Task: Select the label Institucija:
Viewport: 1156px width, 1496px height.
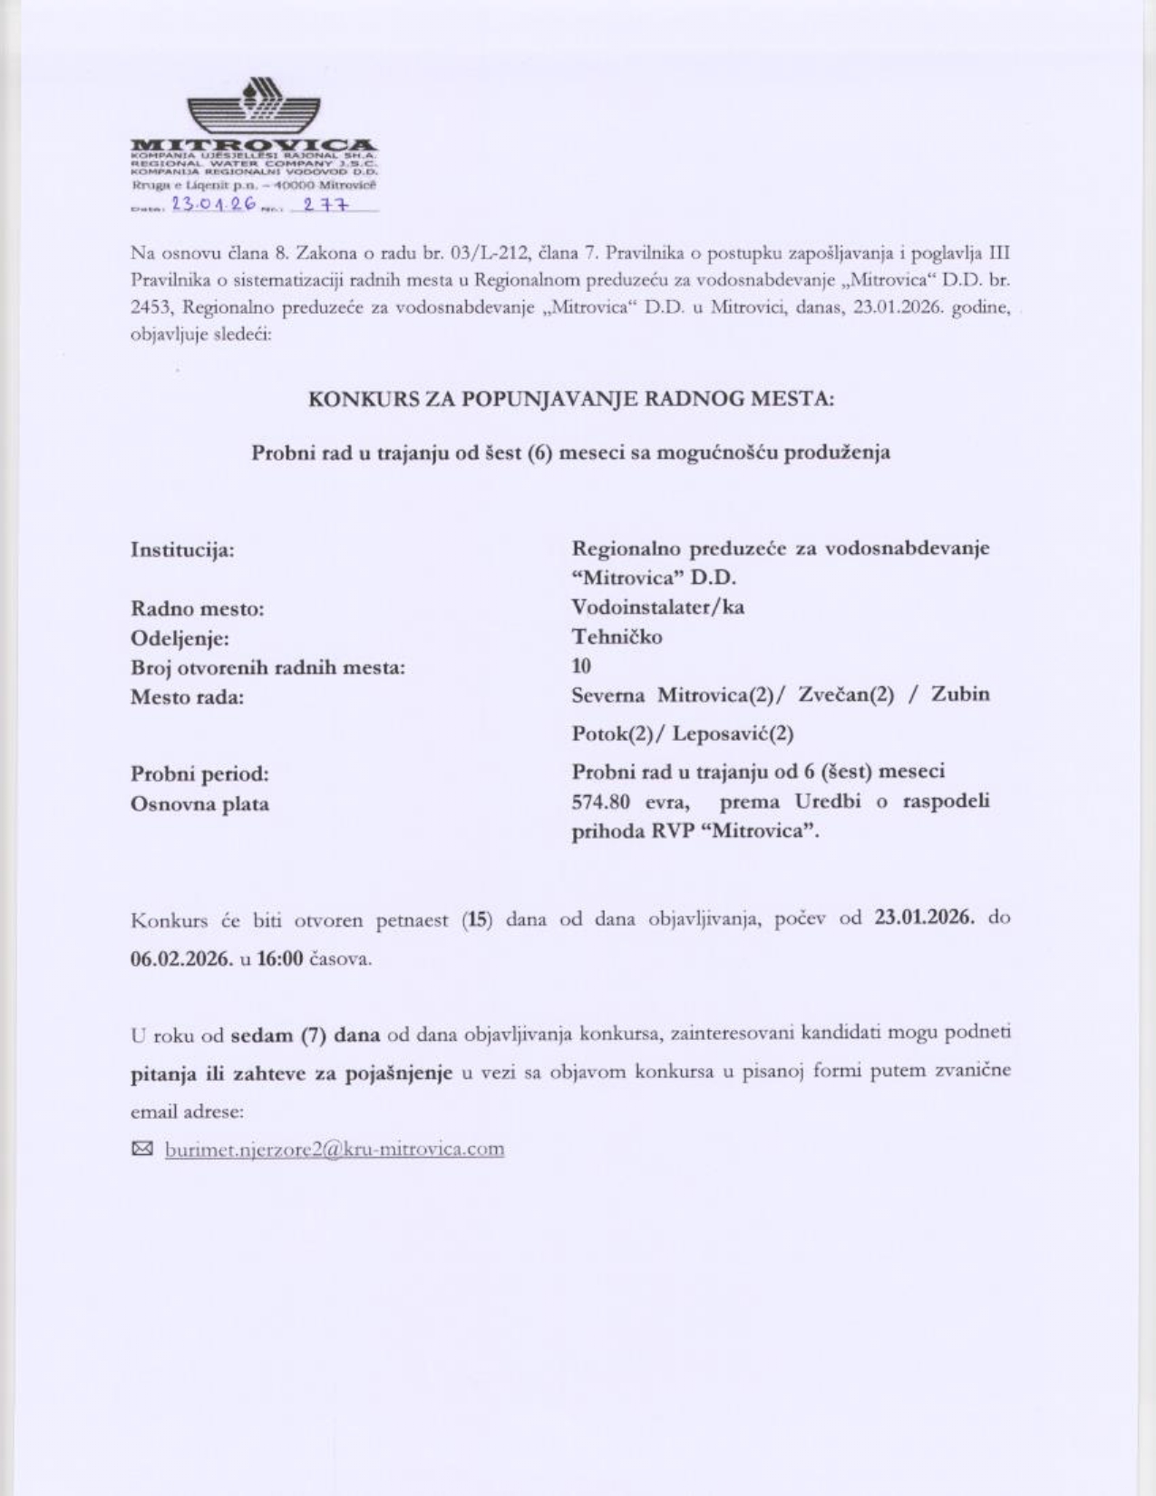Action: pos(183,549)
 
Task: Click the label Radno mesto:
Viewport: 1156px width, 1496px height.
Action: pos(197,608)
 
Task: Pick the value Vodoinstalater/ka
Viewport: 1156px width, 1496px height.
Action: pos(657,607)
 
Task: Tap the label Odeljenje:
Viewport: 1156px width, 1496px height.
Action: pos(180,638)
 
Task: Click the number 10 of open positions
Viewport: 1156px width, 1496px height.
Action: pos(581,666)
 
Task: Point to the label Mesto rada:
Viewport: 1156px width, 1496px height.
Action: pos(187,697)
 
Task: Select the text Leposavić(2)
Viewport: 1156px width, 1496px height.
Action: pos(733,733)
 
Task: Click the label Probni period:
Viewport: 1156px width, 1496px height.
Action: pos(199,774)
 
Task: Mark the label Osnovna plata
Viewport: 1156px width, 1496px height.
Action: pos(199,804)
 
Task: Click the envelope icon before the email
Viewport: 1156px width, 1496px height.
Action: pos(142,1150)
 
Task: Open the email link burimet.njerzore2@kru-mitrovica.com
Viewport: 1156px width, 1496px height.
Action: pos(334,1150)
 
